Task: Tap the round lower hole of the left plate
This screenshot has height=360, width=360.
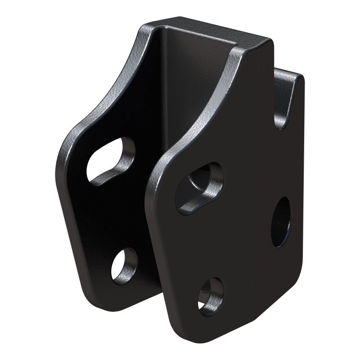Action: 124,265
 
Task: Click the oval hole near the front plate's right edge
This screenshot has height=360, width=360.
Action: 281,222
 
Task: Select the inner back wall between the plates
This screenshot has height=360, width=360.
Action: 180,99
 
